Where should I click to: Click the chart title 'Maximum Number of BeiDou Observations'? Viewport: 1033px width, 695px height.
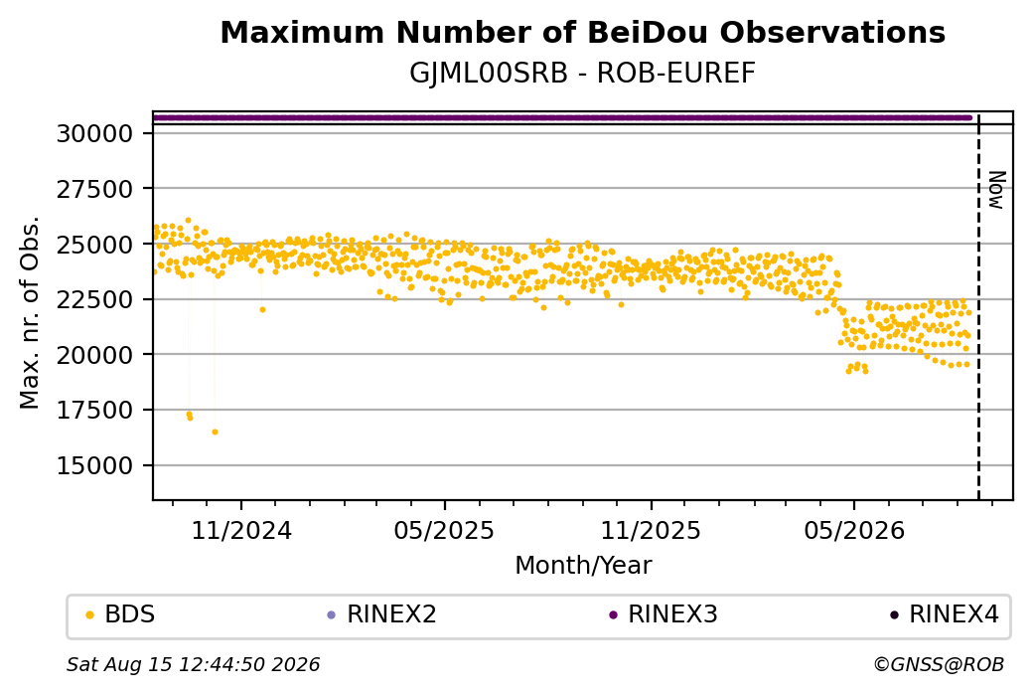582,32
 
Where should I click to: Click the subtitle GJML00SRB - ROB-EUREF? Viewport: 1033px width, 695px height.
582,74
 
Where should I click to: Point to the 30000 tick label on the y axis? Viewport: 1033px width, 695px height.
95,134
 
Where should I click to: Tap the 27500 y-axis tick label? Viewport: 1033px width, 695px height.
95,189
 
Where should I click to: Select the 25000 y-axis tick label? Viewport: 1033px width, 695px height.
95,245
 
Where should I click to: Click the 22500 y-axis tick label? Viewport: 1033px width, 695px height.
95,300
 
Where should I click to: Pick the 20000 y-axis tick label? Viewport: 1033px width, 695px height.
95,355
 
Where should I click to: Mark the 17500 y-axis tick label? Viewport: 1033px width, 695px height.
95,411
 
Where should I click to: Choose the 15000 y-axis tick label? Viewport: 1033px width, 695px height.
95,466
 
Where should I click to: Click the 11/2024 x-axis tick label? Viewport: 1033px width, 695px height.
241,530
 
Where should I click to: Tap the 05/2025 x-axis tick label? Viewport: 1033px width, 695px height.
444,530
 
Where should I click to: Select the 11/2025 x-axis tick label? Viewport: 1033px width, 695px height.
651,530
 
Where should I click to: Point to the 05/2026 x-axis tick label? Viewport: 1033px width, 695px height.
854,530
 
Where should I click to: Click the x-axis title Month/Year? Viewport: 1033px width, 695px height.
583,565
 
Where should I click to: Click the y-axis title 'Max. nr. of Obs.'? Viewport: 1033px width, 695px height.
30,312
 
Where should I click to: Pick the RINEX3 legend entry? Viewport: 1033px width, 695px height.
664,614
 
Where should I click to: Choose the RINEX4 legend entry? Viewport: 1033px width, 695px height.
945,614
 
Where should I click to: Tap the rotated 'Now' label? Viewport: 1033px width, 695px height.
998,191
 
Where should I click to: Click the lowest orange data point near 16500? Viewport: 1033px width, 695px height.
215,432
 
